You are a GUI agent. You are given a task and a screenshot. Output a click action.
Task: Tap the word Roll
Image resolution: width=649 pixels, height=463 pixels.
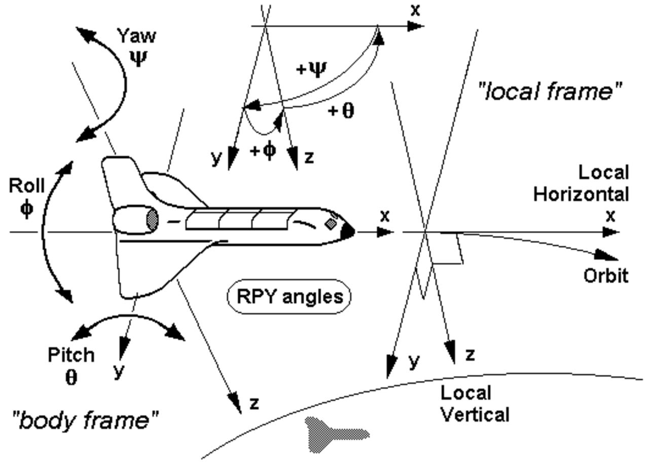(x=26, y=186)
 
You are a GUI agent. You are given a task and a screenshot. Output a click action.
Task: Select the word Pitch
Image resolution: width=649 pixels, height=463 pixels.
(x=71, y=355)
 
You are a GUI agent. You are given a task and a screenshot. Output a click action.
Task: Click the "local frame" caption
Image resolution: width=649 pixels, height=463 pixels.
(x=550, y=92)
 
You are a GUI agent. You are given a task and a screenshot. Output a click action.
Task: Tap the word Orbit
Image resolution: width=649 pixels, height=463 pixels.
(x=606, y=276)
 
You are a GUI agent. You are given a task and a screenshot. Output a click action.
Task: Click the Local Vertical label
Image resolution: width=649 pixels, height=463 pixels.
(x=474, y=404)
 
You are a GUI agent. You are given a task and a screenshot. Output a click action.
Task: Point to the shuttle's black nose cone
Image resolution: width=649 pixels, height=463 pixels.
(x=347, y=231)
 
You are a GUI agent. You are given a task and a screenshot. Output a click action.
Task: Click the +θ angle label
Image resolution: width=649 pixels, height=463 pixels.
(x=341, y=110)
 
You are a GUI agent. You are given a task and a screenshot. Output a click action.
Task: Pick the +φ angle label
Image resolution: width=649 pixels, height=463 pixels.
(x=264, y=150)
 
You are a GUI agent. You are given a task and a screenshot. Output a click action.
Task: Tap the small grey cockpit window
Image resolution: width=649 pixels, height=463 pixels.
(x=331, y=223)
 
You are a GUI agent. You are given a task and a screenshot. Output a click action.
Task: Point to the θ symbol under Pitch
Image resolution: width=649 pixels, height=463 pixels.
(x=71, y=378)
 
